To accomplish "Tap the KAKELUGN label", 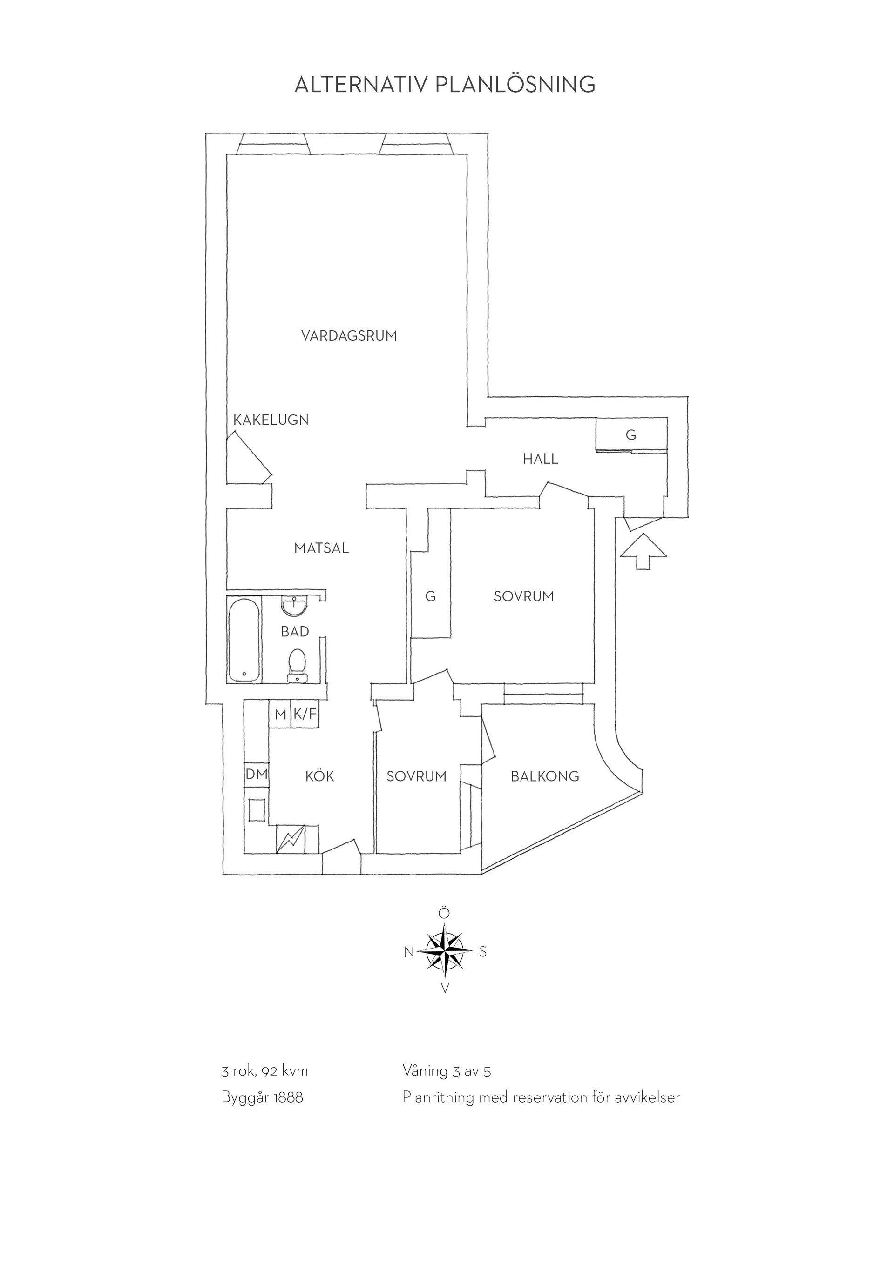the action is pos(271,420).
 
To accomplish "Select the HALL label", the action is pos(541,459).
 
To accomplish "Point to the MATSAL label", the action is pos(321,548).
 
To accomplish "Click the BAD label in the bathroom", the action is pos(295,632).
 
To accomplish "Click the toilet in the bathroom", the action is pos(297,666).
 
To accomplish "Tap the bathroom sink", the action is pos(295,607).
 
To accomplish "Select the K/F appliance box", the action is pos(305,715).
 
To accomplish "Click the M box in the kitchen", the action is pos(280,715).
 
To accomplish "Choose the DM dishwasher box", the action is pos(256,775).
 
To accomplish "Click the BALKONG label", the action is pos(545,777).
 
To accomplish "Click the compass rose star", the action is pos(445,951).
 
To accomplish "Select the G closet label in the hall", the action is pos(631,435).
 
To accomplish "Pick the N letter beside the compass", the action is pos(409,952).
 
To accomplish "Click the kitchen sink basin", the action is pos(257,810).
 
